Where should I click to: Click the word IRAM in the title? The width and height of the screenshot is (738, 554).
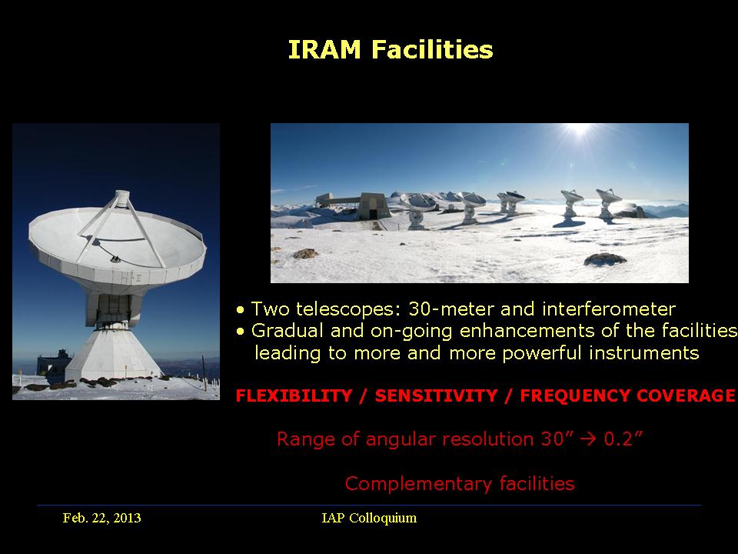[x=324, y=49]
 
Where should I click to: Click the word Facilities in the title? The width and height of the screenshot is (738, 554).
[x=432, y=49]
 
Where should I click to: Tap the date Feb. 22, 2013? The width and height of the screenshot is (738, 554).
[x=101, y=518]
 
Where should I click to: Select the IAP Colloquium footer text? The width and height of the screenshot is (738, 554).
[x=369, y=518]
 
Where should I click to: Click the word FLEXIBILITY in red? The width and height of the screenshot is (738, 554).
[x=294, y=395]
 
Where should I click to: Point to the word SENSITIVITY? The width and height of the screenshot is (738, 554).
[x=437, y=395]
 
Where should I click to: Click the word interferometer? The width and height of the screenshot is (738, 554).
[x=609, y=309]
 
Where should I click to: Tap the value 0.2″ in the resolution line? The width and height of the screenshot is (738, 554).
[x=623, y=439]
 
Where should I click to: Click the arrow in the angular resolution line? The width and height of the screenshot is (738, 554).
[x=588, y=439]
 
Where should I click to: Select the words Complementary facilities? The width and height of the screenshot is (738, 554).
[x=460, y=483]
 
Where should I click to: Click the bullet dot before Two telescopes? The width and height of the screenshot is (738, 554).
[x=241, y=310]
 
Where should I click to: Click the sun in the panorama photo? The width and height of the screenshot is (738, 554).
[x=580, y=128]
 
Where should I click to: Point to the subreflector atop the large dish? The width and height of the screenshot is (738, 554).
[x=122, y=198]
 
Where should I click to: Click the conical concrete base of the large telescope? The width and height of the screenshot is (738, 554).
[x=112, y=354]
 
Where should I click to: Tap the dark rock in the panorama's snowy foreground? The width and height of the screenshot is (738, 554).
[x=605, y=259]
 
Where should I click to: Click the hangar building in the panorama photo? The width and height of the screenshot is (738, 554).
[x=354, y=206]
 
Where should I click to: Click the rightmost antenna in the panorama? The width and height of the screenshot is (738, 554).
[x=608, y=203]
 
